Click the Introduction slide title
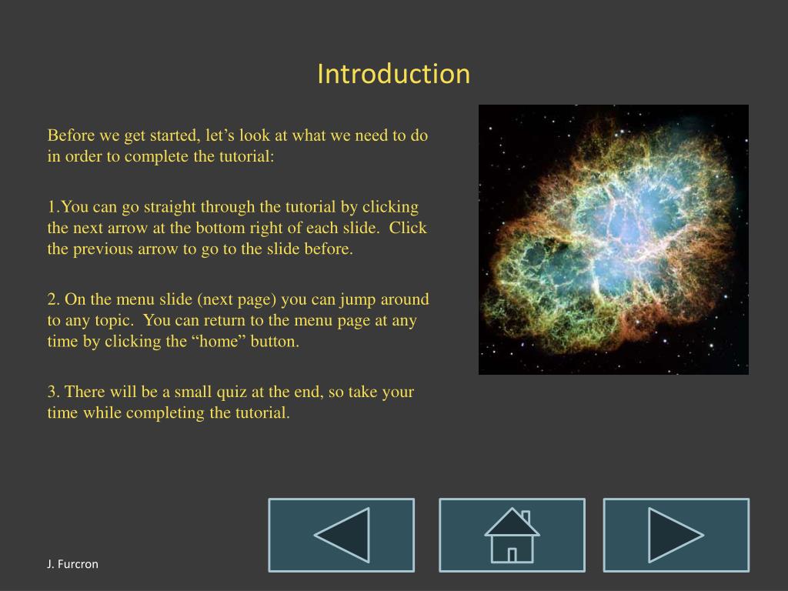click(393, 74)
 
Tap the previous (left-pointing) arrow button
click(341, 536)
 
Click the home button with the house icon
click(512, 536)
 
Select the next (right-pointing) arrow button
click(676, 536)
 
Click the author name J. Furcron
click(72, 564)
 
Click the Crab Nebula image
click(613, 240)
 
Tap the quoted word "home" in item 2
click(218, 342)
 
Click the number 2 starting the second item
click(54, 299)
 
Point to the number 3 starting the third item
click(54, 392)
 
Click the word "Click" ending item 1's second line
click(408, 228)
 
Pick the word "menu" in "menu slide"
click(135, 300)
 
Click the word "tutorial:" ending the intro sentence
click(246, 156)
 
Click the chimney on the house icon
click(526, 517)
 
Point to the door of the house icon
click(512, 556)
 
